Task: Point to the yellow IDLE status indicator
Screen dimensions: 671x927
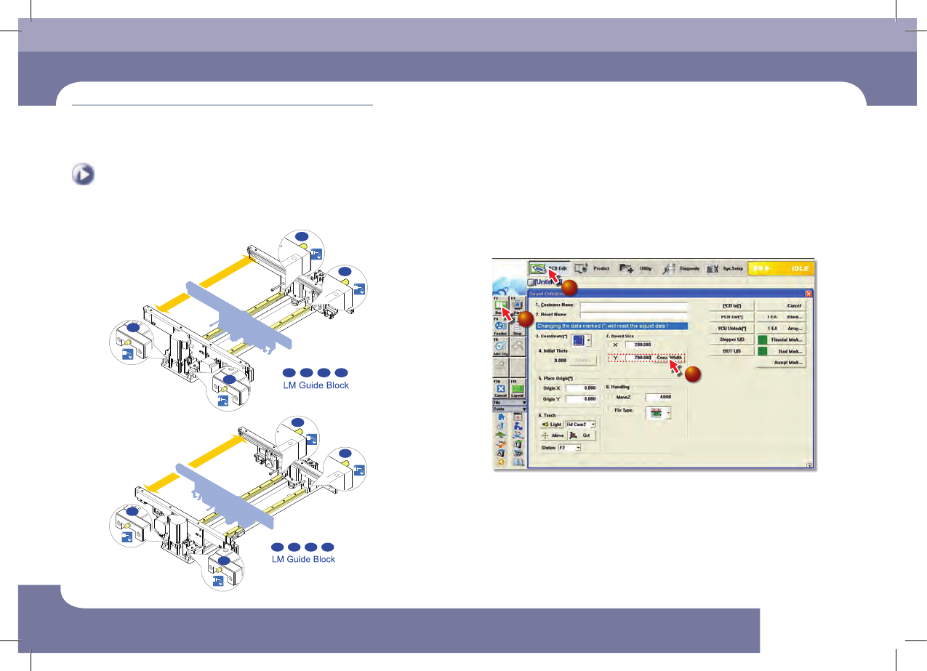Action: [780, 268]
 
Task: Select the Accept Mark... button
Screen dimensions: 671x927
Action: [782, 363]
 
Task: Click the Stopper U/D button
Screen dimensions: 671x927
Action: [731, 339]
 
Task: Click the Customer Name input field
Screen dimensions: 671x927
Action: [633, 305]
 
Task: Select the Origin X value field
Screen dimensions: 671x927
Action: [581, 388]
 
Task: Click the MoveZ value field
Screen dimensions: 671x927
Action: [658, 397]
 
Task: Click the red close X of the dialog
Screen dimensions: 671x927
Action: [808, 294]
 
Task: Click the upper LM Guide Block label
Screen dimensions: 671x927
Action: [316, 385]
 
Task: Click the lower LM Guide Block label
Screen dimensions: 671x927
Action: [303, 559]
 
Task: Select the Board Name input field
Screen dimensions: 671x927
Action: [633, 316]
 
